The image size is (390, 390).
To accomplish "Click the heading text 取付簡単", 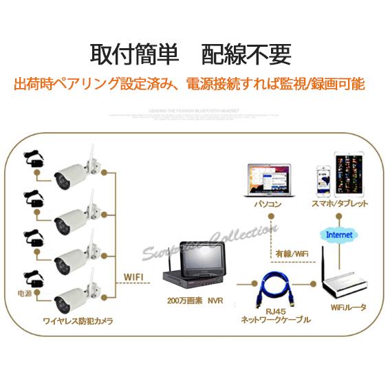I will [x=134, y=54].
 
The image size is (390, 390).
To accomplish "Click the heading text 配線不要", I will [x=246, y=54].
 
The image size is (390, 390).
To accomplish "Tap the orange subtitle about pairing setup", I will [x=189, y=85].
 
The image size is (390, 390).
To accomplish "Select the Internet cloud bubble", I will [x=339, y=235].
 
